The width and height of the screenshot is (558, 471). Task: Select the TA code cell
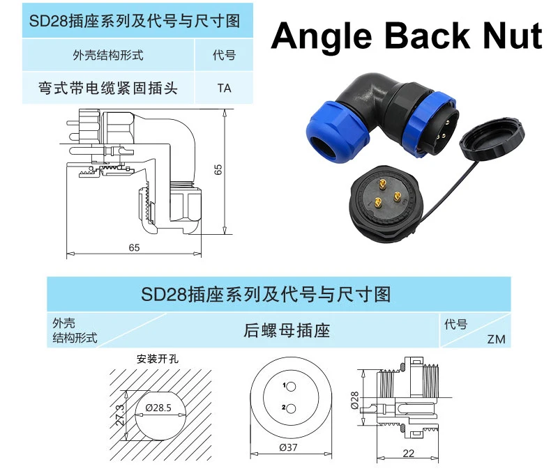224,88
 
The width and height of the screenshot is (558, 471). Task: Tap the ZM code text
496,339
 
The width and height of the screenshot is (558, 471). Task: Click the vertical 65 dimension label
218,169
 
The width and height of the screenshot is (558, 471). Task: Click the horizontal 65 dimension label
134,247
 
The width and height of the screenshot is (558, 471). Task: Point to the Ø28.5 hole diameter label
158,408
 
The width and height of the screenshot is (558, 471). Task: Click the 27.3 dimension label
120,415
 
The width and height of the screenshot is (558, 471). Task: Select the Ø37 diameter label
288,447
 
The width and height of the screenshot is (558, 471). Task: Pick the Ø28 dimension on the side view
354,400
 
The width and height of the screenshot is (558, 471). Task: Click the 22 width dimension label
409,453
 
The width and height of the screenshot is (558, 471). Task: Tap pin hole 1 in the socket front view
291,387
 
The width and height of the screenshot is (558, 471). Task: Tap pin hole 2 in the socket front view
291,409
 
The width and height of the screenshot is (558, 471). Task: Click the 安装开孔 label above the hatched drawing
158,359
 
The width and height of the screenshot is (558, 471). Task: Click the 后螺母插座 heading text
287,330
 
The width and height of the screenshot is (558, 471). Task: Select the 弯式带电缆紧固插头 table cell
108,88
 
